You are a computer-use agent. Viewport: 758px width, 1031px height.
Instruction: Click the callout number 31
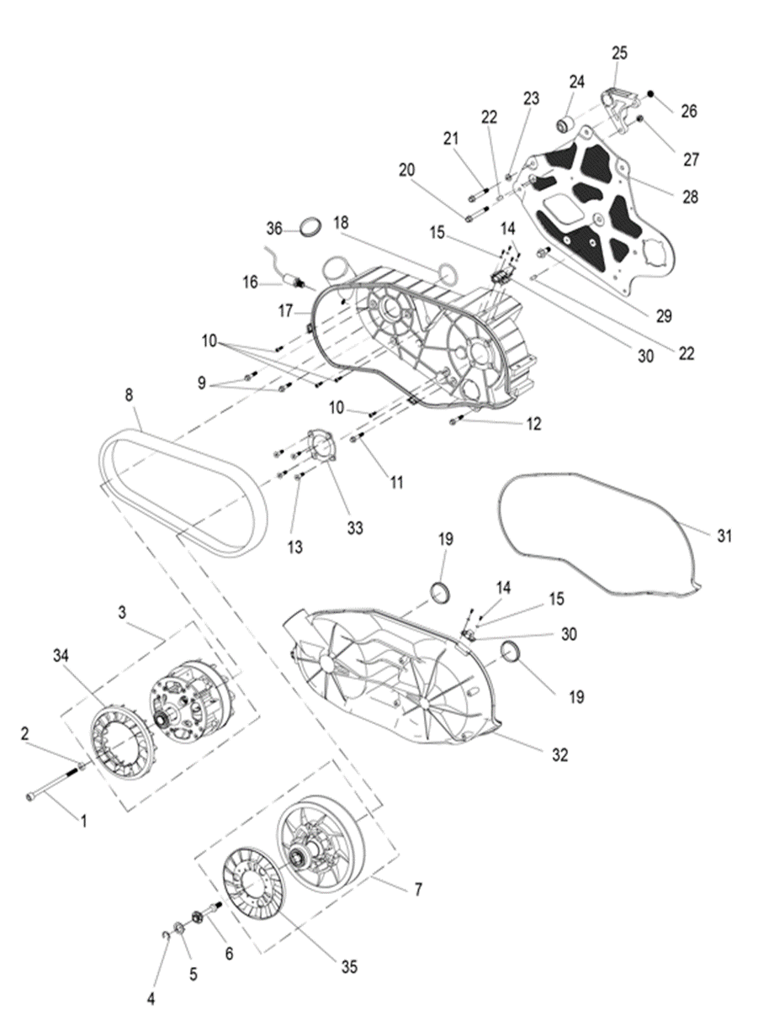pos(724,536)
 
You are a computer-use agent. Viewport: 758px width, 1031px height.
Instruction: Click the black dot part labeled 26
pos(650,94)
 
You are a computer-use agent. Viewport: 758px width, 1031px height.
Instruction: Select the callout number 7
pos(418,890)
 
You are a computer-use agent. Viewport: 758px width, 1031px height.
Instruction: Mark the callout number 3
pos(122,612)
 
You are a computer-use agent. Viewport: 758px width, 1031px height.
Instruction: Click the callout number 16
pos(251,283)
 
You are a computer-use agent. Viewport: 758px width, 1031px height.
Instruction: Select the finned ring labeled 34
pos(118,724)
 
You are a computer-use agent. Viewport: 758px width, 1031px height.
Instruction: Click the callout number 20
pos(407,169)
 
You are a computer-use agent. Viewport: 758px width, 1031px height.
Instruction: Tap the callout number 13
pos(294,547)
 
